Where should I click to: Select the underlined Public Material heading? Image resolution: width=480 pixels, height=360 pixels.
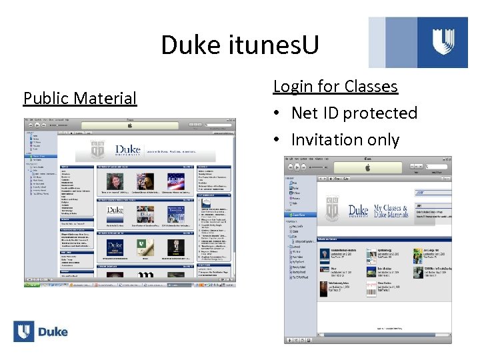(x=79, y=99)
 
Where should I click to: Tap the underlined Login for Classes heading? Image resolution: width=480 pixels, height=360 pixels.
(x=335, y=87)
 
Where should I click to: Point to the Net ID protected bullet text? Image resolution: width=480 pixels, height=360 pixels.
(x=354, y=113)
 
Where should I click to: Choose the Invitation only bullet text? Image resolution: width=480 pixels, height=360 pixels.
(x=345, y=140)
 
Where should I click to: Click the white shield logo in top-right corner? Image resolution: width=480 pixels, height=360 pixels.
(x=443, y=41)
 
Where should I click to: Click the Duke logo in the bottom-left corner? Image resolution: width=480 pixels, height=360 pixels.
(x=41, y=331)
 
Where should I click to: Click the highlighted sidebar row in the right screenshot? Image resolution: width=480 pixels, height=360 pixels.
(x=301, y=215)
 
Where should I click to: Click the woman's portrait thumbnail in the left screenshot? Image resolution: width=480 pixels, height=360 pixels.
(x=113, y=181)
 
